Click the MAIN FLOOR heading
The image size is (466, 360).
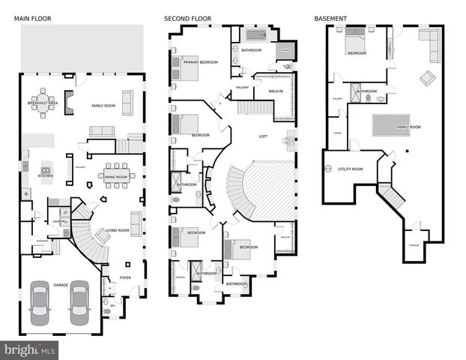click(31, 17)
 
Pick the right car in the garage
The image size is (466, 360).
click(79, 301)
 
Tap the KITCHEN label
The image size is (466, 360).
click(46, 175)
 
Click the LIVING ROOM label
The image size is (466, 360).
click(117, 231)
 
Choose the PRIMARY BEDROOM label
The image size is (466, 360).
click(200, 62)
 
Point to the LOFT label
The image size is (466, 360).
click(263, 136)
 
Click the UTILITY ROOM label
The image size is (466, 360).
click(350, 169)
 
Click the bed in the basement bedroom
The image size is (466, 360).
click(355, 43)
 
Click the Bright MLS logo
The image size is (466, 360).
click(30, 349)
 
